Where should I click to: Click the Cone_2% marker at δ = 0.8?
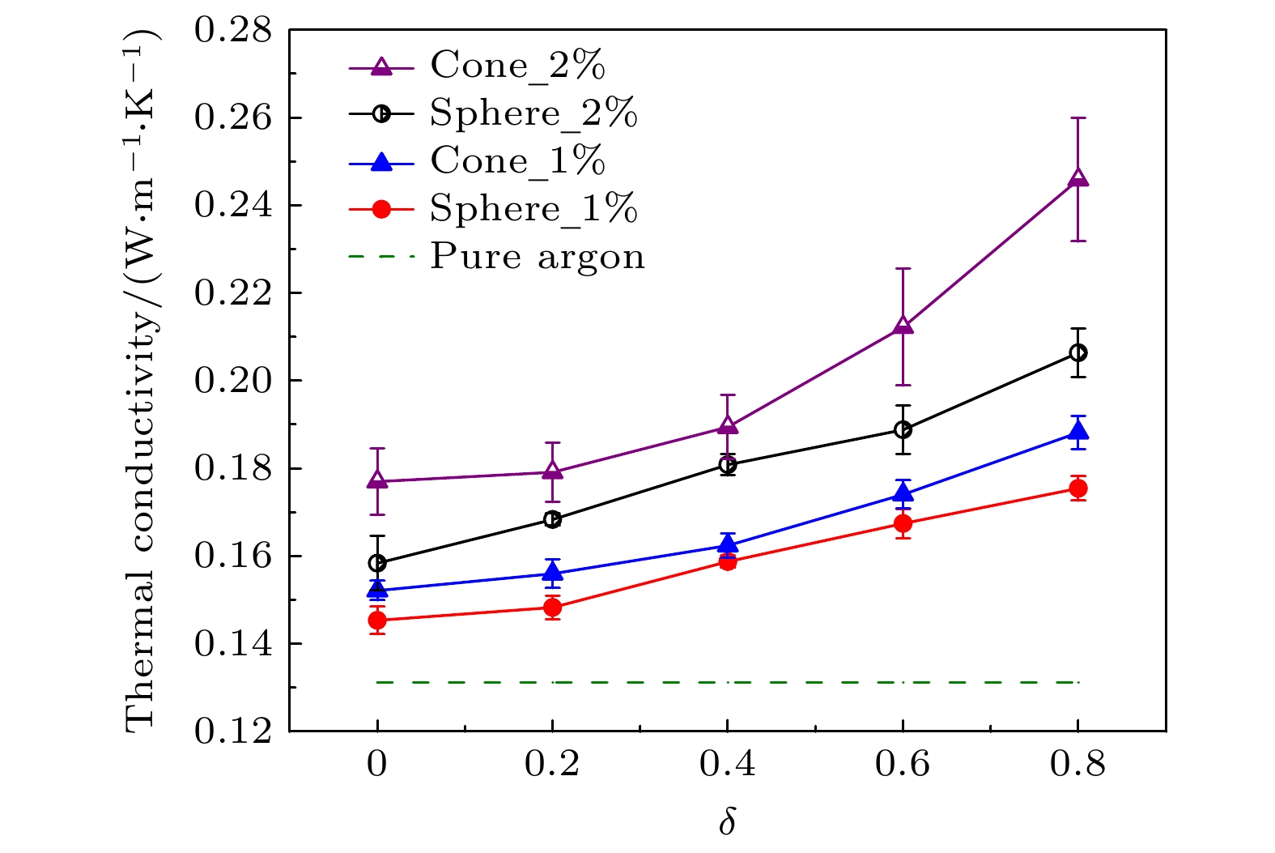1077,178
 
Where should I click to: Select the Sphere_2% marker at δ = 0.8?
1077,352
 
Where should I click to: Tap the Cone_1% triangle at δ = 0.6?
903,494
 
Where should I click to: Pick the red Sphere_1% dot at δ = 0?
377,621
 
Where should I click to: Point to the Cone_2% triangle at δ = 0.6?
903,326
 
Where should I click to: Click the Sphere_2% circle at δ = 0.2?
552,519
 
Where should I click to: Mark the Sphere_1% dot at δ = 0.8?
1077,488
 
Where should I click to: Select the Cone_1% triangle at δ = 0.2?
552,574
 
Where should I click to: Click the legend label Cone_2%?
517,65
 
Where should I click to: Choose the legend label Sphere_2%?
533,113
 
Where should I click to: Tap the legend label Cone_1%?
517,160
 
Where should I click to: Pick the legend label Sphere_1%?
533,208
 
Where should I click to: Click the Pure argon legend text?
538,256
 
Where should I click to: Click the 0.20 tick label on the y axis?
234,380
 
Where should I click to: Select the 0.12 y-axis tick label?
234,731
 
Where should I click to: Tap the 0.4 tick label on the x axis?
727,764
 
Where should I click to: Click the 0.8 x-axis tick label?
1077,764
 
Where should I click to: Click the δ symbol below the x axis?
727,821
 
